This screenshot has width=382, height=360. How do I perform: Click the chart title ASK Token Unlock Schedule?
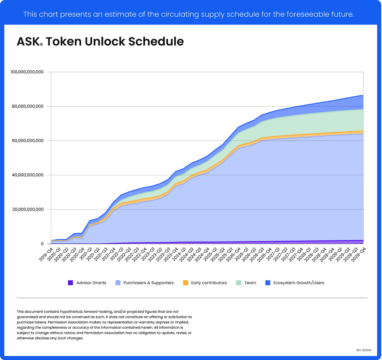(x=100, y=42)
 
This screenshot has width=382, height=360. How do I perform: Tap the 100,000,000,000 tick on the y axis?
(x=27, y=72)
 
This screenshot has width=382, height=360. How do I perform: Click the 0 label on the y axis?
(x=42, y=244)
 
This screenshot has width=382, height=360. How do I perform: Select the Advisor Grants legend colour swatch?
(x=70, y=283)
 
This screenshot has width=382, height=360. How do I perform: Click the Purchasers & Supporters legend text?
(x=148, y=283)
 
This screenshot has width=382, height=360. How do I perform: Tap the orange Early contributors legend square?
(x=186, y=283)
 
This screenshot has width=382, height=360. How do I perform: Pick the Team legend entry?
(x=250, y=283)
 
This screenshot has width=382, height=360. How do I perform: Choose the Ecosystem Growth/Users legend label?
(x=299, y=283)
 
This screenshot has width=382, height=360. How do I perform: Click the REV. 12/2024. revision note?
(x=364, y=350)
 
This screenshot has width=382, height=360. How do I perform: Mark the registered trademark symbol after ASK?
(x=41, y=44)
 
